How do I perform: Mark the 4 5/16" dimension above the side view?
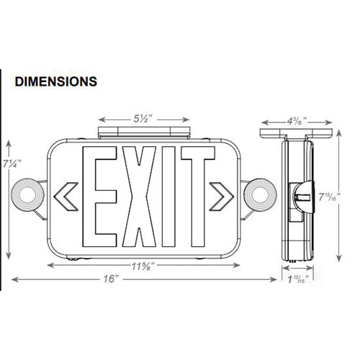pos(294,121)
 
